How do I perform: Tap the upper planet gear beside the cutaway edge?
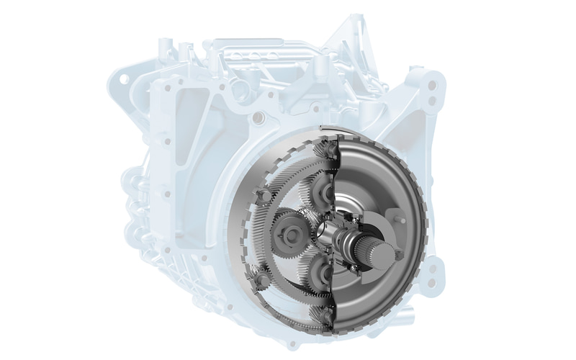pos(320,193)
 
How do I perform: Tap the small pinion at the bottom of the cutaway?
pos(328,316)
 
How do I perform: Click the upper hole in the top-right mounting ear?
pos(431,85)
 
